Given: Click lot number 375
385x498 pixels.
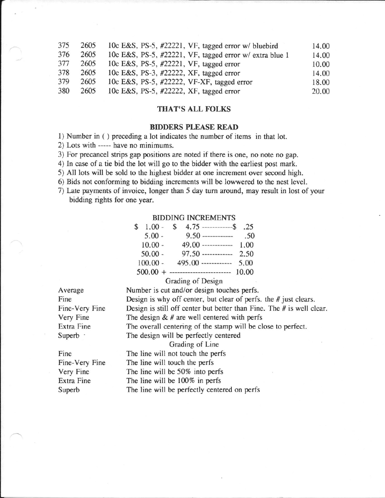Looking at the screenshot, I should tap(64, 46).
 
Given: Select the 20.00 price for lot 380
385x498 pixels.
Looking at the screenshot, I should tap(320, 91).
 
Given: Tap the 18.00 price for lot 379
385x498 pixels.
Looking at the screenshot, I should tap(320, 82).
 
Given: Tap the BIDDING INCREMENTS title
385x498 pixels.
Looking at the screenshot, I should tap(193, 218).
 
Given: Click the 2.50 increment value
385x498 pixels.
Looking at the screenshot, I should tap(246, 254).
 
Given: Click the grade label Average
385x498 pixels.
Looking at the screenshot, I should tap(71, 290).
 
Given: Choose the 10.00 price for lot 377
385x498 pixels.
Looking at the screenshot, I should tap(320, 64).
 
